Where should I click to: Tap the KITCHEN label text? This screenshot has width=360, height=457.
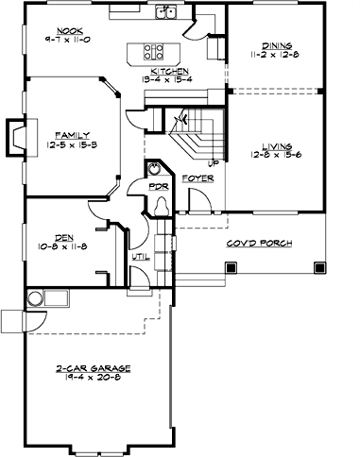coord(165,71)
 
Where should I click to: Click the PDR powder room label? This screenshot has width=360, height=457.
coord(158,186)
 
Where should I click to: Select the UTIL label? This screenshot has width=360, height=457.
coord(139,255)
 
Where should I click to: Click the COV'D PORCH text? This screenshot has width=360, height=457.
coord(257,244)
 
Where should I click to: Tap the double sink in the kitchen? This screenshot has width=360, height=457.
coord(168,12)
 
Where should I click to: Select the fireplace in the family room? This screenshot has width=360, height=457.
coord(17,134)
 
